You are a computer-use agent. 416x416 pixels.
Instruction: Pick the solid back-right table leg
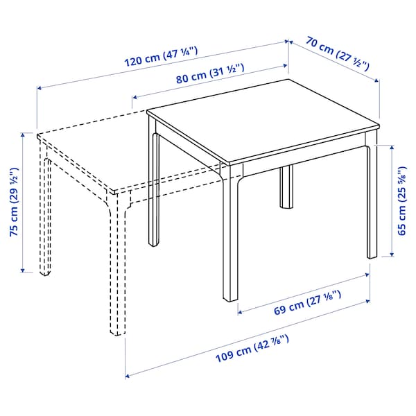(372, 201)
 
